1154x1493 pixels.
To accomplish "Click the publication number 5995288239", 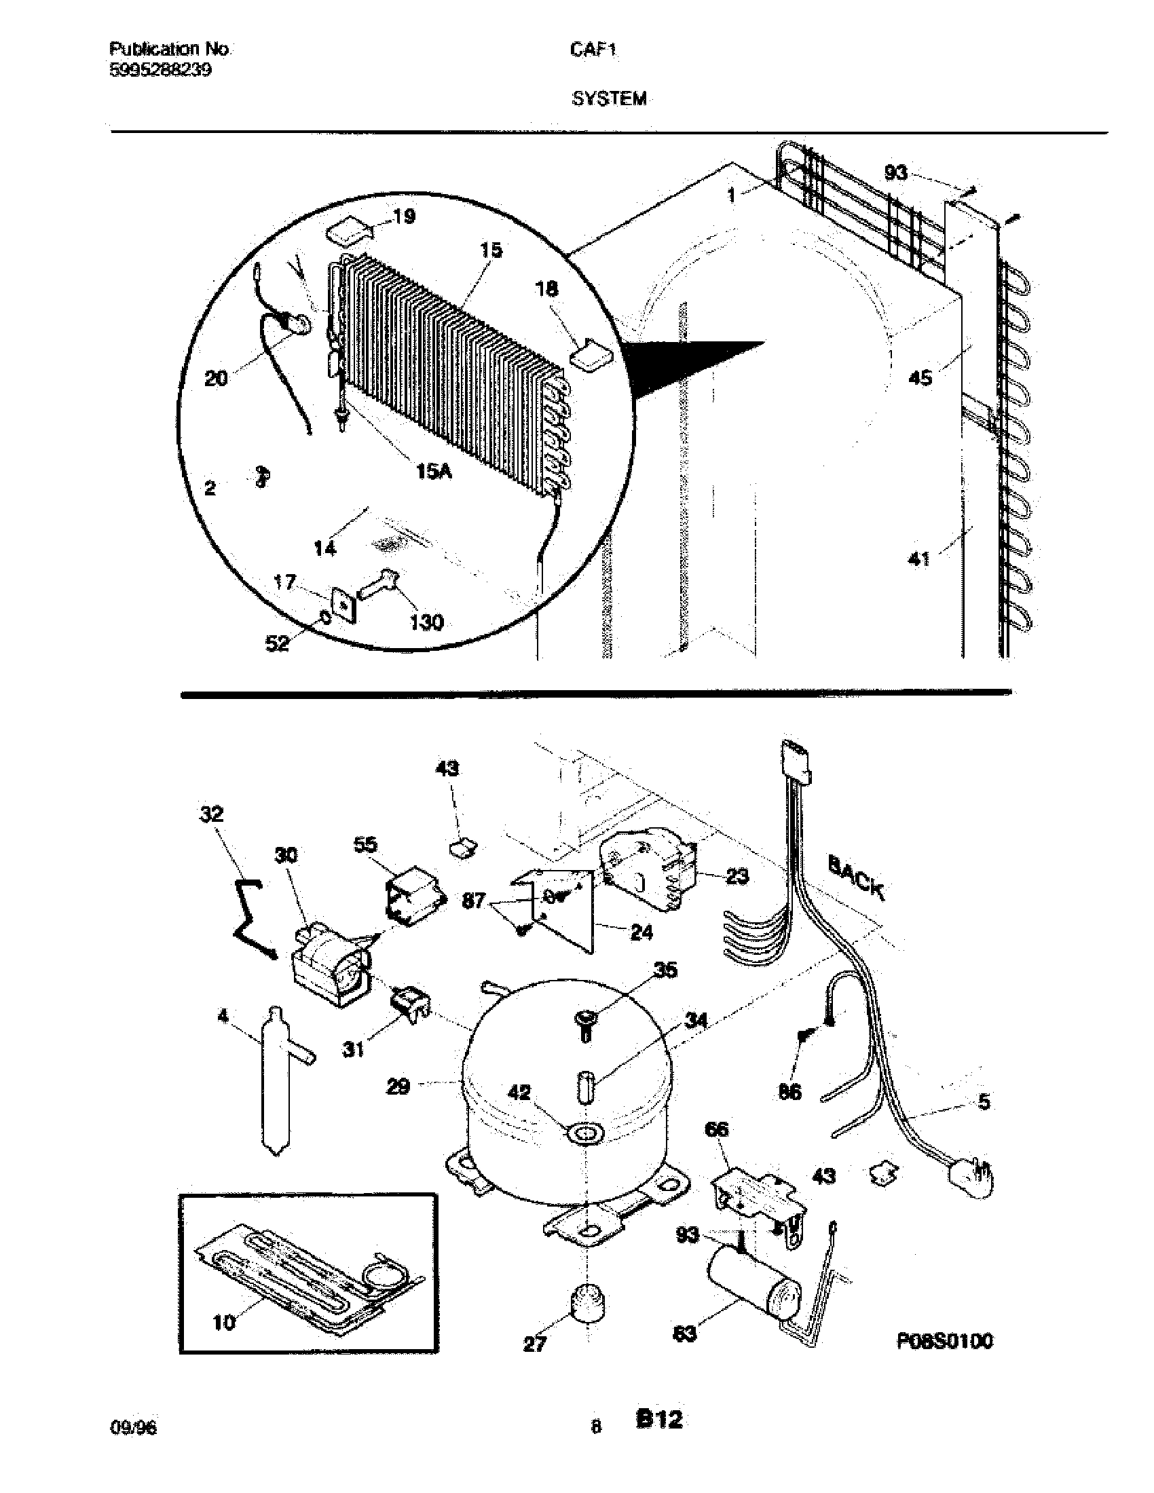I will click(x=160, y=70).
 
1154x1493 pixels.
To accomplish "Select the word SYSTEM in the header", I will click(x=608, y=99).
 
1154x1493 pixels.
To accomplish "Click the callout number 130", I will click(x=426, y=622).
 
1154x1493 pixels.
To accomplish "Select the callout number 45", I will click(x=920, y=377).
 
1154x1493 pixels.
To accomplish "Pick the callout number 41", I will click(x=918, y=560).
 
